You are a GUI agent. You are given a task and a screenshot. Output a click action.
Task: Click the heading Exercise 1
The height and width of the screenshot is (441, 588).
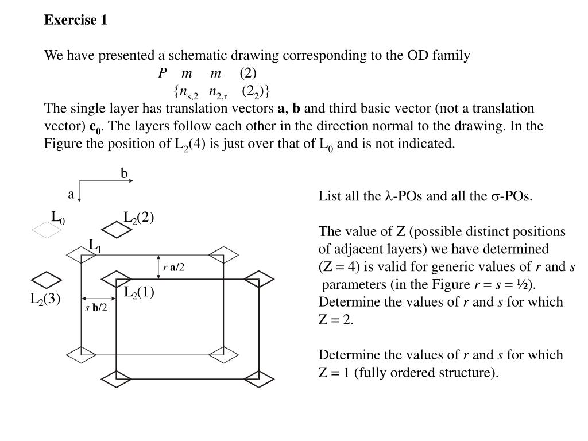76,20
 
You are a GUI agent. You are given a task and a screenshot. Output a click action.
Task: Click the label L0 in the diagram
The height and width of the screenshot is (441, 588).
58,218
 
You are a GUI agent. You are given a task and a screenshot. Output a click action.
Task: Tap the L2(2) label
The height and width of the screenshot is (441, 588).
139,218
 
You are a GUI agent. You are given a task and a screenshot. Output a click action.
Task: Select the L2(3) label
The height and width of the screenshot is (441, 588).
45,300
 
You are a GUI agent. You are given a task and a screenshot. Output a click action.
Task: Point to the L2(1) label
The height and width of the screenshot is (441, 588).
139,292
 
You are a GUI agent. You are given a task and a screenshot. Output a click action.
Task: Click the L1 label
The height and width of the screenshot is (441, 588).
95,246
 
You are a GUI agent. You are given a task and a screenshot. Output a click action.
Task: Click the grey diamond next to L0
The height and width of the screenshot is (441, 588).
47,230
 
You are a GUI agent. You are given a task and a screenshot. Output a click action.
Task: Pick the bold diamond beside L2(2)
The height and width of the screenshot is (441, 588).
117,230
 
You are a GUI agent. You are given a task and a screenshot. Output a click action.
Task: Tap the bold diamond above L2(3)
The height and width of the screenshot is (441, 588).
46,280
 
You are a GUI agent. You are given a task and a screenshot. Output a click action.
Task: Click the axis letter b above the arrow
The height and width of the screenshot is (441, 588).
124,173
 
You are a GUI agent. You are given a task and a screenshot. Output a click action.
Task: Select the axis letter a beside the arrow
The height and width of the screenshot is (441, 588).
71,194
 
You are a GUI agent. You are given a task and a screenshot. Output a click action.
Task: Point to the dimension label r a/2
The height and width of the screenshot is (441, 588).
173,267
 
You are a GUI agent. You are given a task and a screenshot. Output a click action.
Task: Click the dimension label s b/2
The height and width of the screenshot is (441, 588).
96,308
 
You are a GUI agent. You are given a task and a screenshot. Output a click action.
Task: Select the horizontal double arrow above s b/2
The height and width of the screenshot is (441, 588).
92,299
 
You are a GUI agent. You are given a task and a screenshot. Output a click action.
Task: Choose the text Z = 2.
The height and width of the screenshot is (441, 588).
335,320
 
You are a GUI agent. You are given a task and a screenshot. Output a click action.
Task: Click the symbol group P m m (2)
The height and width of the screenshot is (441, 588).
207,73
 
